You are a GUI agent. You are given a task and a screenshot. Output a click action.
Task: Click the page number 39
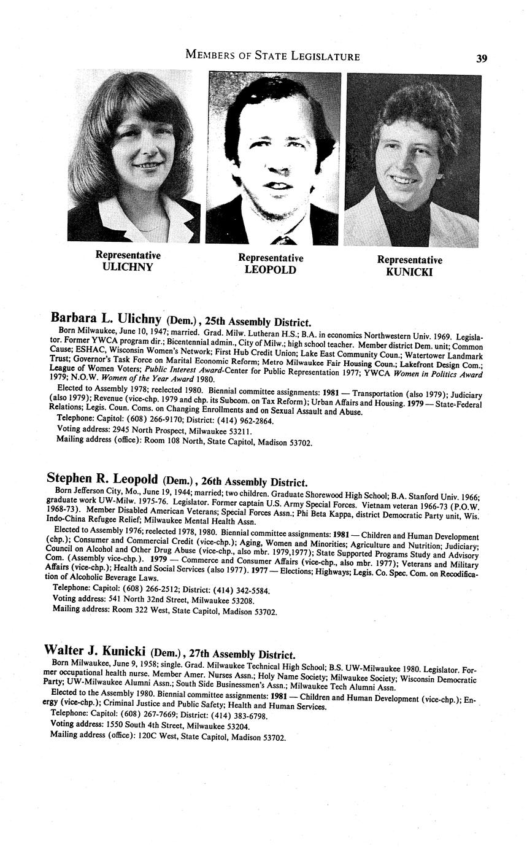click(x=481, y=58)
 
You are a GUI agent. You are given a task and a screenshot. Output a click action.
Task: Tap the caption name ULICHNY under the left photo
click(x=128, y=267)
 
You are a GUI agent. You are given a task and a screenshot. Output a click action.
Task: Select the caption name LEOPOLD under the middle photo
click(x=271, y=270)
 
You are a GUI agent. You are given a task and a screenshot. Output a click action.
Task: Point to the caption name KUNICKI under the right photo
click(x=409, y=272)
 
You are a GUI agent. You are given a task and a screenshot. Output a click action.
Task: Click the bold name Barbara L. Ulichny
click(x=105, y=319)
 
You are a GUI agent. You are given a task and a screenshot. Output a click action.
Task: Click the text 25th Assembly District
click(x=263, y=322)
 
